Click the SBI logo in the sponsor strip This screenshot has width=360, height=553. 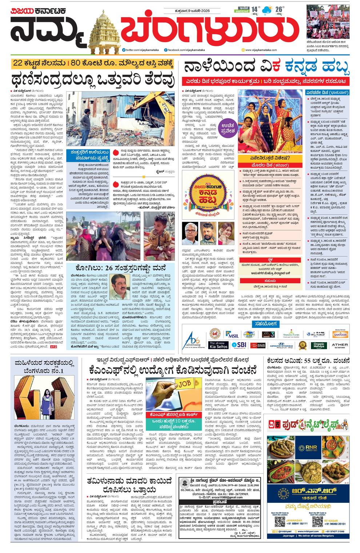(x=239, y=344)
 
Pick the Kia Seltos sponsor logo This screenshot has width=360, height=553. (x=218, y=345)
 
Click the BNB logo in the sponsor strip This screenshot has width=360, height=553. (x=259, y=345)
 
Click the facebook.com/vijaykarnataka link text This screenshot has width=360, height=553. (x=184, y=50)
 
